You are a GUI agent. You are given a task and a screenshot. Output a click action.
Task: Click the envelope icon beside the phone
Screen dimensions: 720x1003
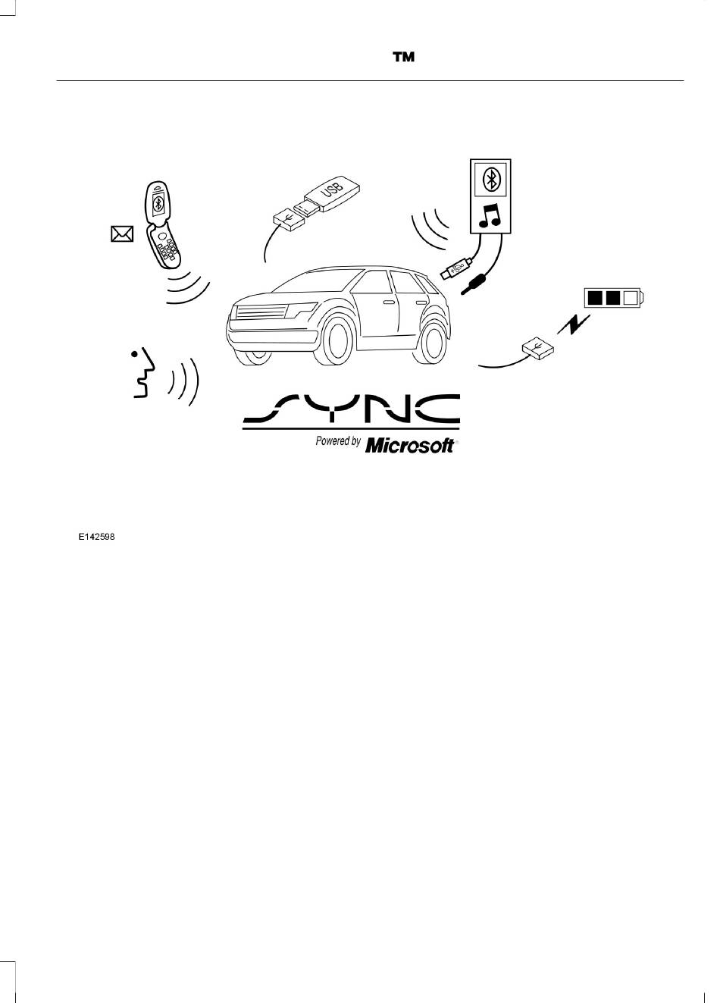pyautogui.click(x=122, y=234)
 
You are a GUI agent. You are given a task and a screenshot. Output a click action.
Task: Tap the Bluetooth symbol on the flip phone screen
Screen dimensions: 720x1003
pyautogui.click(x=157, y=204)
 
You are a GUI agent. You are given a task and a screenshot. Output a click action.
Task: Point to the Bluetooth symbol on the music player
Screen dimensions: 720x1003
pyautogui.click(x=490, y=179)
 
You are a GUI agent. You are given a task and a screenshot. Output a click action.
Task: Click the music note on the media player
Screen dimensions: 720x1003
pyautogui.click(x=489, y=215)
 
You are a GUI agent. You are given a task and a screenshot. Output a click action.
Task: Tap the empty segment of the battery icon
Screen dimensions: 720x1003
pyautogui.click(x=630, y=298)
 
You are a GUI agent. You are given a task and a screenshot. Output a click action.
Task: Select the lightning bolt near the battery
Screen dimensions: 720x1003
pyautogui.click(x=574, y=324)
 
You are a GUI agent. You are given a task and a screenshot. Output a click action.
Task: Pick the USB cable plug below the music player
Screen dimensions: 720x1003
pyautogui.click(x=455, y=269)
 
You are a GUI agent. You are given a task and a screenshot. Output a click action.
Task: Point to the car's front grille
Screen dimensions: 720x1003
pyautogui.click(x=261, y=312)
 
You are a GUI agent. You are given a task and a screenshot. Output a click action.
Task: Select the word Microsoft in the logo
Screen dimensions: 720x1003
pyautogui.click(x=410, y=446)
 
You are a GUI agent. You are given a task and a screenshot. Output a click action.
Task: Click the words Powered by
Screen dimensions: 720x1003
pyautogui.click(x=338, y=441)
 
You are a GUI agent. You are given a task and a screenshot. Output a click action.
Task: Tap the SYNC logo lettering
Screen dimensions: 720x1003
pyautogui.click(x=351, y=409)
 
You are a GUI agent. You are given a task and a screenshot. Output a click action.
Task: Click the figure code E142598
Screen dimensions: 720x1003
pyautogui.click(x=97, y=537)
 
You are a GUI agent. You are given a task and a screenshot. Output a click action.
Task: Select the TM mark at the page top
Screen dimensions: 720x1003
pyautogui.click(x=403, y=57)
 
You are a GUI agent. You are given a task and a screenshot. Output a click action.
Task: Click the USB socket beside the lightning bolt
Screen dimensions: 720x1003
pyautogui.click(x=538, y=348)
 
